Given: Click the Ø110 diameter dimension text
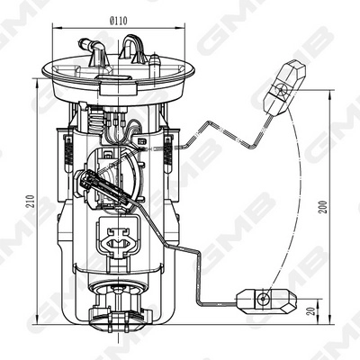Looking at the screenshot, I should (119, 18).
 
